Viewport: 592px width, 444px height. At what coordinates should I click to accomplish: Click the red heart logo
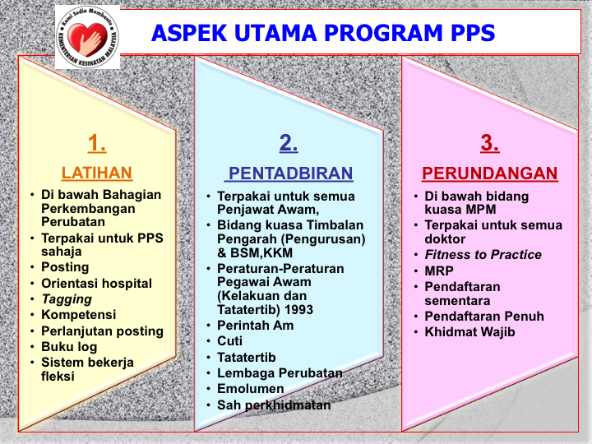pos(88,39)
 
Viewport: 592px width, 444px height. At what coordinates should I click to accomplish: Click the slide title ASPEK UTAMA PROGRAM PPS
pos(323,33)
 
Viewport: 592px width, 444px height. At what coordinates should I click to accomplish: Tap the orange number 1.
pos(97,143)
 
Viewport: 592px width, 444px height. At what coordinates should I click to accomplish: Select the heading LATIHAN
pos(97,173)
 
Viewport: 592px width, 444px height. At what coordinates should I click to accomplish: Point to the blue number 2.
pos(289,143)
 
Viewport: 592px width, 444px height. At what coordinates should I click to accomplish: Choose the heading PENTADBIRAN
pos(291,173)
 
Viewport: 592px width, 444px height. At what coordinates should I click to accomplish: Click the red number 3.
pos(490,143)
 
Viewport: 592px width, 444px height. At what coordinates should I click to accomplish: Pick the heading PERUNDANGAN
pos(490,173)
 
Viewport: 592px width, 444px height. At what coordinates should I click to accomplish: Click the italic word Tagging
pos(67,299)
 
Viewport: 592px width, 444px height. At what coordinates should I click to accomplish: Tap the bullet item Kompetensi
pos(79,314)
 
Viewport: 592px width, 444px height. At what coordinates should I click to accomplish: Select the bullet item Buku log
pos(69,347)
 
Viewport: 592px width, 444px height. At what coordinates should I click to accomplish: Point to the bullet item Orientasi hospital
pos(97,283)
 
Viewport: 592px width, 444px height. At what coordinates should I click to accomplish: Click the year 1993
pos(298,310)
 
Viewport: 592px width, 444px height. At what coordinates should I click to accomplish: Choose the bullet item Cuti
pos(229,340)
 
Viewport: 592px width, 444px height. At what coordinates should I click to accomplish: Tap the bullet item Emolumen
pos(250,388)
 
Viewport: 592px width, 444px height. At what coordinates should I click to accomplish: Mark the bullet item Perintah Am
pos(255,325)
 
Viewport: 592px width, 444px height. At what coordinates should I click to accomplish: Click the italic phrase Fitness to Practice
pos(483,255)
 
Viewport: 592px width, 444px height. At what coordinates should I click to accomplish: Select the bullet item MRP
pos(439,271)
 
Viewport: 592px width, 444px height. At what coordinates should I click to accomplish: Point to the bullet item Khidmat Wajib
pos(469,332)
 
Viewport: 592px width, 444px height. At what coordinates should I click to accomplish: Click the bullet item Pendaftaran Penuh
pos(484,316)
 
